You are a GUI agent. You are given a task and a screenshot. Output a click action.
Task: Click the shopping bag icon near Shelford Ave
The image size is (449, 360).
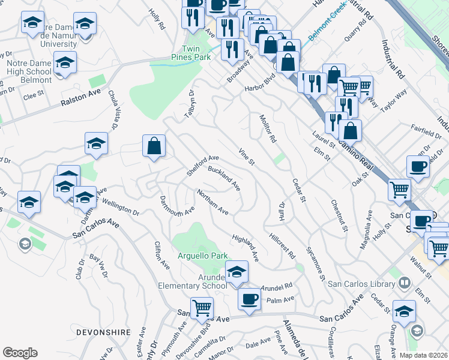[x=154, y=146]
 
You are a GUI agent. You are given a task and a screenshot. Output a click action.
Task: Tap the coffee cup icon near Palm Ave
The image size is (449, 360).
[x=249, y=299]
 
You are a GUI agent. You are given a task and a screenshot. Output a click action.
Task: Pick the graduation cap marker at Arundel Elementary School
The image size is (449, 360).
[x=237, y=272]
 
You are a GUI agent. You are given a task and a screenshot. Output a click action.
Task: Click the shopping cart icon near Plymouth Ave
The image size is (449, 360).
[x=202, y=308]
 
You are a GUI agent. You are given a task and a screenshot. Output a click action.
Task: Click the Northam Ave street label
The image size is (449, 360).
[x=213, y=202]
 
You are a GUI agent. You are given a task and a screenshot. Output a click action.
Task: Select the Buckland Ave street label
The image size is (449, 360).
[x=223, y=178]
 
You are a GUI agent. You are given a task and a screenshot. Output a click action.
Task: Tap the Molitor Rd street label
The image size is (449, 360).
[x=267, y=128]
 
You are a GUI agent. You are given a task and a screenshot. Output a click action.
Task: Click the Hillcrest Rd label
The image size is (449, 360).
[x=282, y=245]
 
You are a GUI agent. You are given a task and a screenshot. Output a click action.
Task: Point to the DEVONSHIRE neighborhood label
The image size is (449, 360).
[x=101, y=331]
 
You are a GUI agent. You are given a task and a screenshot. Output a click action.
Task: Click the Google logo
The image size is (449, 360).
[x=20, y=353]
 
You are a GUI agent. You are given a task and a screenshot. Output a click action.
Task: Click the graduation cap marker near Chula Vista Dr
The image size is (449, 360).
[x=96, y=143]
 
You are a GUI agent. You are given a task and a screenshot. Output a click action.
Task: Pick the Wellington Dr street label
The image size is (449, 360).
[x=120, y=207]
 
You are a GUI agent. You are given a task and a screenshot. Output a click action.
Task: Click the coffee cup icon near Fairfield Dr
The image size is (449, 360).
[x=418, y=167]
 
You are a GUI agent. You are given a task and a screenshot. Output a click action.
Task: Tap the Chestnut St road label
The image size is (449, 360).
[x=340, y=215]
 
